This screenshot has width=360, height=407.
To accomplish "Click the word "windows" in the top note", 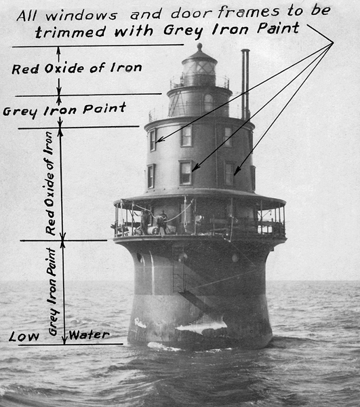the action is pyautogui.click(x=81, y=16).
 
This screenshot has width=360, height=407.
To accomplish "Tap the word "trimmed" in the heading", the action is pyautogui.click(x=71, y=32).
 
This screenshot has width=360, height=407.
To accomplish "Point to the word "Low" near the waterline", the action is pyautogui.click(x=24, y=336).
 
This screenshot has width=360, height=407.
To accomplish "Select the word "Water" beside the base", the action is pyautogui.click(x=89, y=335).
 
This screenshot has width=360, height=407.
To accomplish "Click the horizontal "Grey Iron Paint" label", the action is pyautogui.click(x=64, y=110).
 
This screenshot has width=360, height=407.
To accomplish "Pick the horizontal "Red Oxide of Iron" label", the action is pyautogui.click(x=77, y=69).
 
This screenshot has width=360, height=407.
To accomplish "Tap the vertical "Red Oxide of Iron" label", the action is pyautogui.click(x=50, y=184).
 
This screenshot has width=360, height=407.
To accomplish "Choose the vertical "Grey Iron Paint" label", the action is pyautogui.click(x=53, y=292).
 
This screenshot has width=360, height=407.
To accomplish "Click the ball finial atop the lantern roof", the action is pyautogui.click(x=199, y=47).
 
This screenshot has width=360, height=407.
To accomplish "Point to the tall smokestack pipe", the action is pyautogui.click(x=245, y=84).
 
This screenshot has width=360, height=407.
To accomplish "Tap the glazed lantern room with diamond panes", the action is pyautogui.click(x=199, y=68).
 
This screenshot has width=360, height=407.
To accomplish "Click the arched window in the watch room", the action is pyautogui.click(x=208, y=102).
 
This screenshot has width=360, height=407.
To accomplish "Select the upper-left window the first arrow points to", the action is pyautogui.click(x=153, y=140).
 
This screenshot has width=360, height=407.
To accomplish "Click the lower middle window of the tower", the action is pyautogui.click(x=186, y=172).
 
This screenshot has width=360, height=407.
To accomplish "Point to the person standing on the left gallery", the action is pyautogui.click(x=145, y=222).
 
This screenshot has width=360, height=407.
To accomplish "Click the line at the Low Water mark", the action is pyautogui.click(x=71, y=345).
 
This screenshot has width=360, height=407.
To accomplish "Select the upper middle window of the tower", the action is pyautogui.click(x=186, y=136).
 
